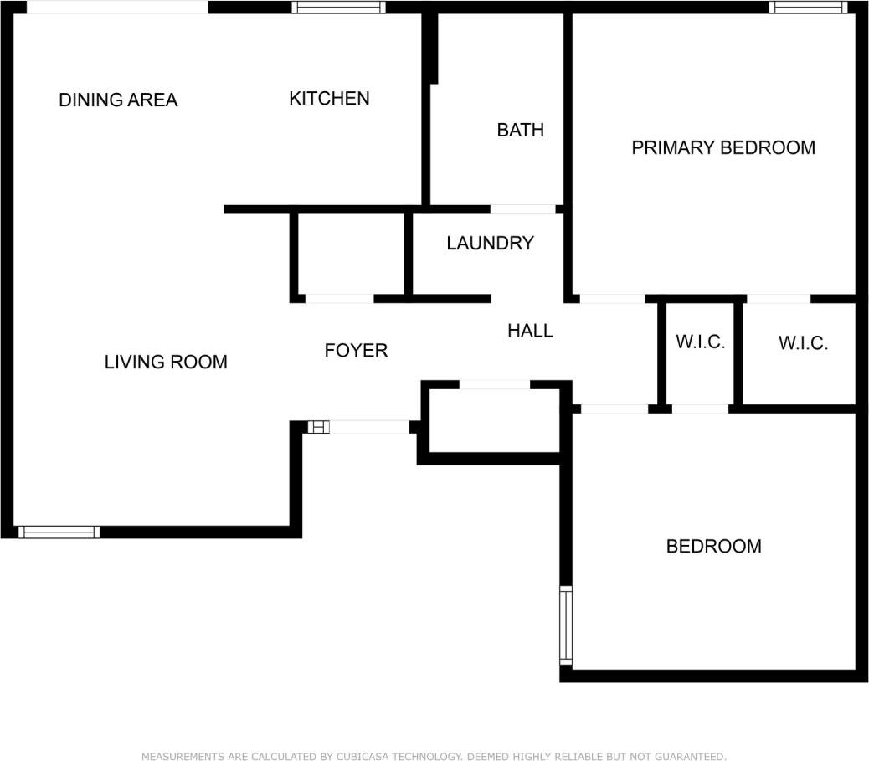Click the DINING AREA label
[x=118, y=100]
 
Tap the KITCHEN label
[x=329, y=99]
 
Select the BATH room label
[x=520, y=130]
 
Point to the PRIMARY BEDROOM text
[x=723, y=148]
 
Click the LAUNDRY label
[x=490, y=244]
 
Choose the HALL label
[x=530, y=332]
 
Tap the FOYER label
[x=356, y=351]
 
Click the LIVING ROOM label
[x=166, y=363]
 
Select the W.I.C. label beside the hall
[x=700, y=342]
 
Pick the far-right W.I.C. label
[x=803, y=343]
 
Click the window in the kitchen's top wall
[x=338, y=8]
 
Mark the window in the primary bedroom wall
[x=808, y=8]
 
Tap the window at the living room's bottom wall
[x=59, y=532]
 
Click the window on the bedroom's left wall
[x=566, y=625]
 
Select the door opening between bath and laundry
[x=522, y=208]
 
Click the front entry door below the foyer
[x=368, y=427]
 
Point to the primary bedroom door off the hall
[x=612, y=298]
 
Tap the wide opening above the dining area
[x=117, y=8]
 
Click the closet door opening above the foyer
[x=339, y=298]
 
